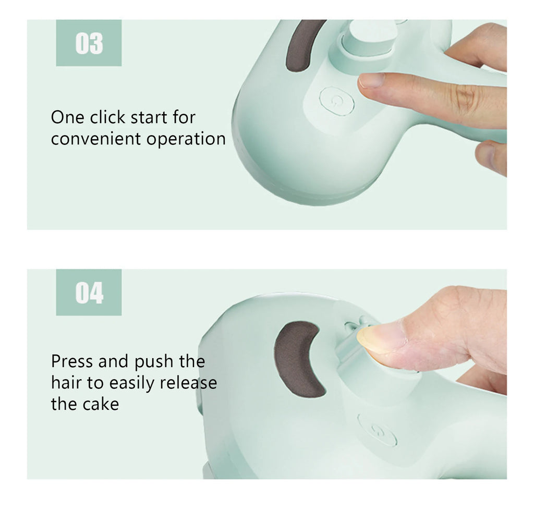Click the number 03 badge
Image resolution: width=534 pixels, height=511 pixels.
pyautogui.click(x=89, y=43)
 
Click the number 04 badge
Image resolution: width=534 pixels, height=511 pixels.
pyautogui.click(x=89, y=293)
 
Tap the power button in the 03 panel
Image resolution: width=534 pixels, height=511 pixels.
pyautogui.click(x=337, y=100)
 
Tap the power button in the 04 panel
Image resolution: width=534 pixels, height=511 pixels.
pyautogui.click(x=377, y=430)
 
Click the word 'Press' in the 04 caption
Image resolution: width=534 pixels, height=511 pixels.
pyautogui.click(x=72, y=361)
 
